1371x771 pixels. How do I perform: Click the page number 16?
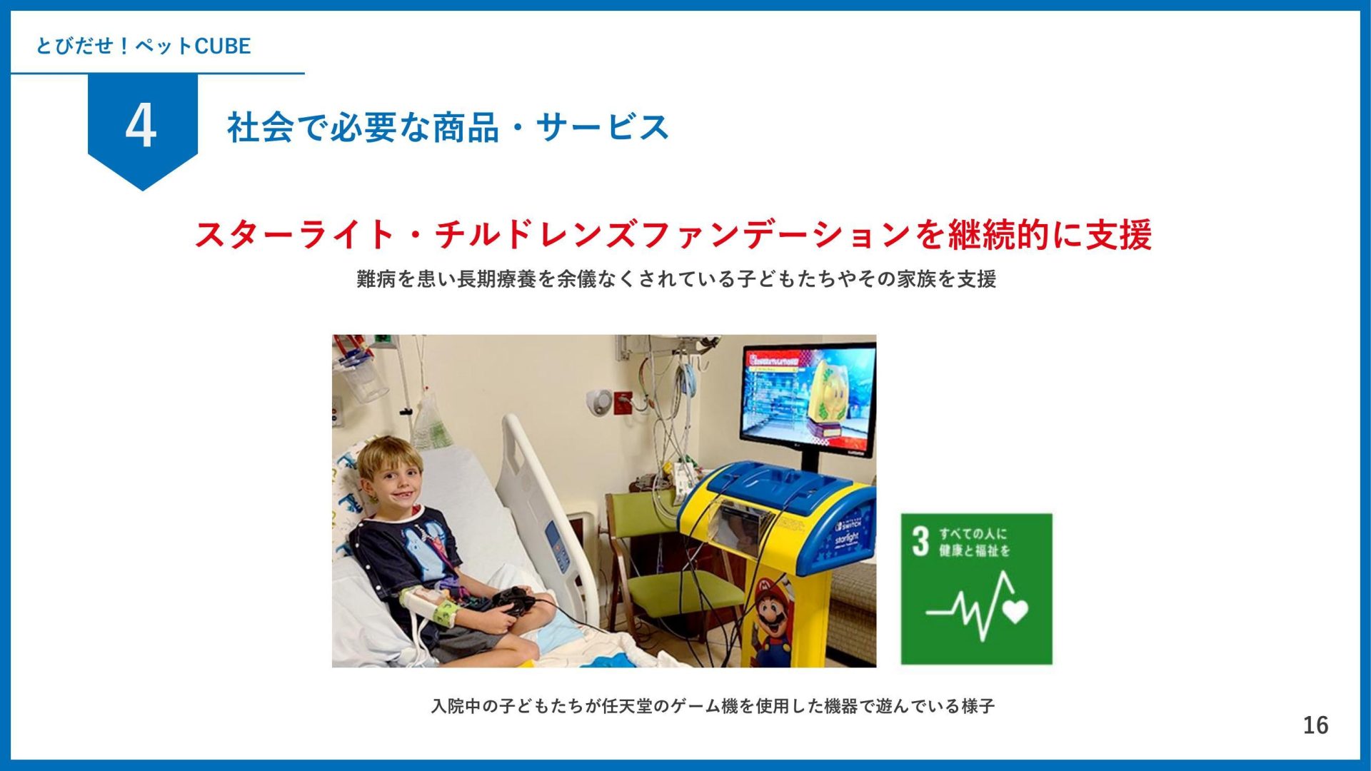click(1315, 725)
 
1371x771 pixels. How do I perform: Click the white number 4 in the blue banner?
click(141, 126)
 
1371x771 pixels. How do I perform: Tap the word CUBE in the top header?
click(223, 46)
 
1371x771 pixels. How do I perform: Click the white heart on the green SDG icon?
click(1015, 610)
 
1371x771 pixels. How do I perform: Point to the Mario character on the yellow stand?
click(773, 622)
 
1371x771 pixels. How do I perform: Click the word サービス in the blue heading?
click(602, 128)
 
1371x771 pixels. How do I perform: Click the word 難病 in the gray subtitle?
click(376, 278)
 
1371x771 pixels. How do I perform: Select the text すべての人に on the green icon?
click(973, 534)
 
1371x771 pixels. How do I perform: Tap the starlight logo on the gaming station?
click(847, 538)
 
